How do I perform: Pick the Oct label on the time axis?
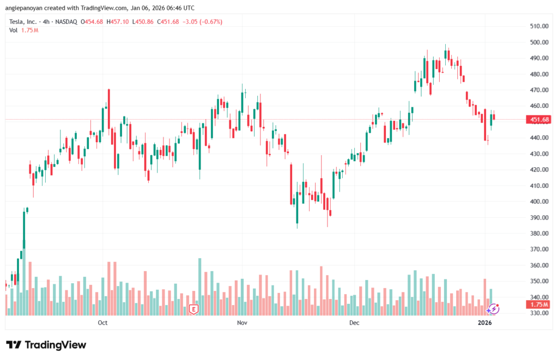(102, 323)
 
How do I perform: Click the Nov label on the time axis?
(242, 323)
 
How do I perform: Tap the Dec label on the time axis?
(354, 323)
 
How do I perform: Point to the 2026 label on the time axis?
(485, 323)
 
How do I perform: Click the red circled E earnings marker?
(193, 309)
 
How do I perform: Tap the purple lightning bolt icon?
(494, 309)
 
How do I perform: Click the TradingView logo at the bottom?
(46, 345)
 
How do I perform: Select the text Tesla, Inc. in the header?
(23, 22)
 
